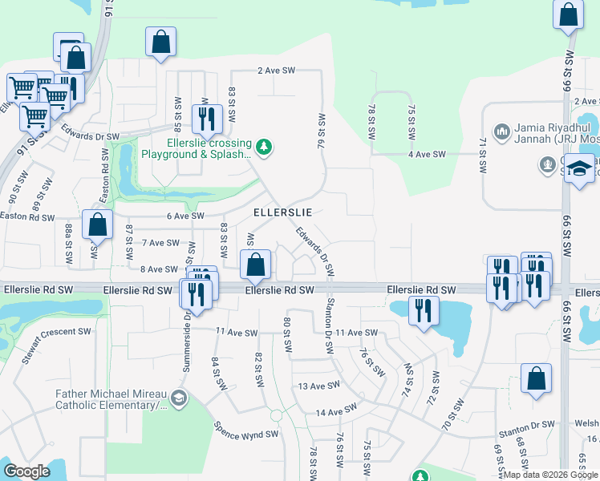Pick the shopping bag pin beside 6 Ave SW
click(x=97, y=225)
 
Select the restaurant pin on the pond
click(x=422, y=311)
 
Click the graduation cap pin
click(x=579, y=171)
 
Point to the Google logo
click(x=26, y=471)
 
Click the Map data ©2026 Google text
click(x=550, y=474)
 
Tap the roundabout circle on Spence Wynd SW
click(x=276, y=416)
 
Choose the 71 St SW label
click(x=483, y=156)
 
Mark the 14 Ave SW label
click(x=335, y=412)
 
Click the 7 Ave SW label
click(x=160, y=242)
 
